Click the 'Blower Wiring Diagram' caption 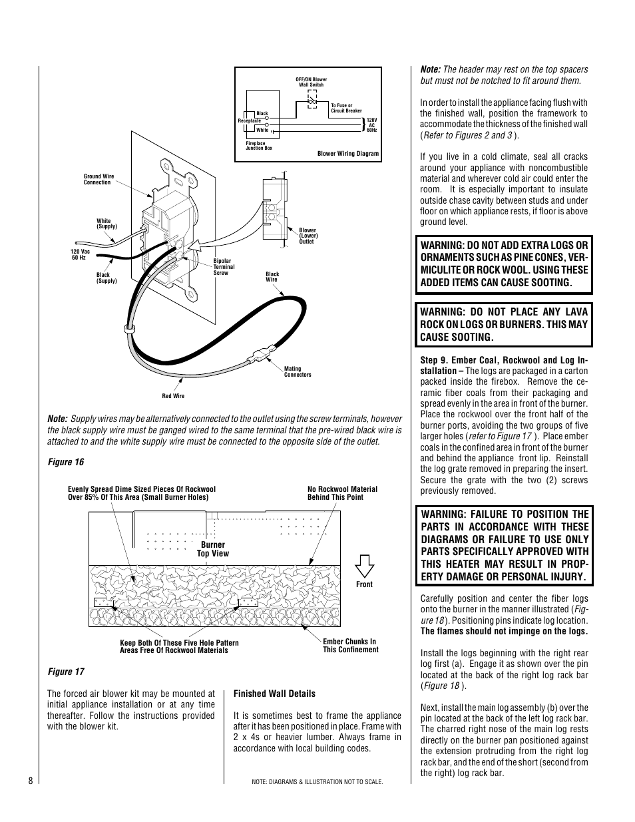coord(347,154)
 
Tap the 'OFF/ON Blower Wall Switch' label coord(311,82)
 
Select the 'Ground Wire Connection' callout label coord(99,180)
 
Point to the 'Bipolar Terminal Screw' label coord(224,267)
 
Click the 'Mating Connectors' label coord(297,371)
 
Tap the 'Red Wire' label coord(173,396)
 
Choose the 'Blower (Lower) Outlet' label coord(308,236)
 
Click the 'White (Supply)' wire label coord(106,224)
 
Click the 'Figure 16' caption coord(65,462)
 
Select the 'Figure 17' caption coord(65,672)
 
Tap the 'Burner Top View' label coord(213,548)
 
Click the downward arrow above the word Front coord(364,566)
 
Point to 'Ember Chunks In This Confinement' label coord(350,646)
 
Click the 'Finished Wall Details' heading coord(274,694)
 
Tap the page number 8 coord(31,781)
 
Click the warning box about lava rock coord(504,324)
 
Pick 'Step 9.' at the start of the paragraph coord(436,360)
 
